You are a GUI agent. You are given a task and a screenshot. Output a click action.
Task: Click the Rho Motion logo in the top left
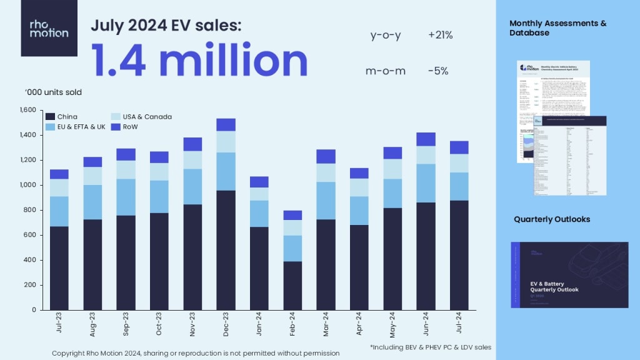(x=49, y=28)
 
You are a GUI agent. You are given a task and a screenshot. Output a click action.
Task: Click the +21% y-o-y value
(x=440, y=36)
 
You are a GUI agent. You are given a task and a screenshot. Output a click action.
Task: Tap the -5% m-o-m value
(x=438, y=71)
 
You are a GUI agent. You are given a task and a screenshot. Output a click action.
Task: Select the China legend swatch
(x=50, y=117)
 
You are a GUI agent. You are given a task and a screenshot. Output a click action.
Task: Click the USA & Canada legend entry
(x=141, y=117)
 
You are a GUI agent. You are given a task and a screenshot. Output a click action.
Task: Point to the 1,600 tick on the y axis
(x=28, y=110)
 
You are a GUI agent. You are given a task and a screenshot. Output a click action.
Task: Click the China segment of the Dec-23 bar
(x=226, y=250)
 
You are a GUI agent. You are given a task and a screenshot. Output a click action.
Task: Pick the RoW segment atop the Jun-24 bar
(x=426, y=139)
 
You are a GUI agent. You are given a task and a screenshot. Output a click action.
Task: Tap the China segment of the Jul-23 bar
(x=59, y=268)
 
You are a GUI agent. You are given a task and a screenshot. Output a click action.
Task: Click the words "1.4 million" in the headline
(x=200, y=61)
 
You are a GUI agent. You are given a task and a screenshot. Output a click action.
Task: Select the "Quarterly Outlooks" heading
(x=552, y=219)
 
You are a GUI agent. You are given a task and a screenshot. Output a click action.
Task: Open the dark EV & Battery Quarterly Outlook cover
(x=569, y=274)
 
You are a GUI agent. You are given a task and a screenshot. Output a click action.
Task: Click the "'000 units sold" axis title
(x=53, y=92)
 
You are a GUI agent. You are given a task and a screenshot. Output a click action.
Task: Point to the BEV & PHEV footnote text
(x=430, y=347)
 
